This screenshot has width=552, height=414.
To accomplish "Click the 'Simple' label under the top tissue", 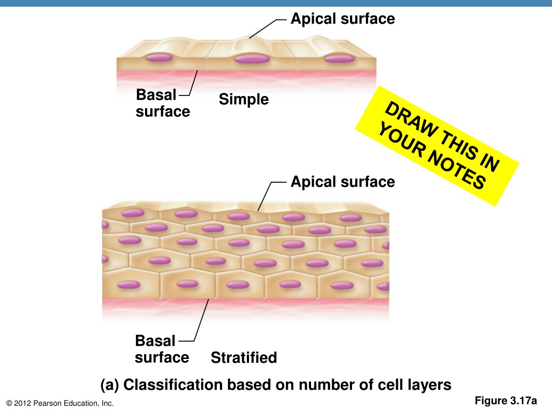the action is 244,99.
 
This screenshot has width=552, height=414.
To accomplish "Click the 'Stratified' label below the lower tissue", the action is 244,358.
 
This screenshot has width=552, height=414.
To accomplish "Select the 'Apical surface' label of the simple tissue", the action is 342,19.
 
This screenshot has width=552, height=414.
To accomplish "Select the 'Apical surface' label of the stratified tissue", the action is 342,182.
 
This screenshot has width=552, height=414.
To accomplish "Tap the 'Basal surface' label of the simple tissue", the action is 163,103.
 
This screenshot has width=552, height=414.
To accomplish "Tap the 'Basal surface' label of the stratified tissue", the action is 162,349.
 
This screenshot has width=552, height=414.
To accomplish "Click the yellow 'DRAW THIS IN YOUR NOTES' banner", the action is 437,146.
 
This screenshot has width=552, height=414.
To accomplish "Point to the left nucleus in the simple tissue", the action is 159,57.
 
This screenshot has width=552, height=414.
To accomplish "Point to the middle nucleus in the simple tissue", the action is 251,58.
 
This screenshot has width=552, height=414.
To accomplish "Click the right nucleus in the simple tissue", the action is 340,58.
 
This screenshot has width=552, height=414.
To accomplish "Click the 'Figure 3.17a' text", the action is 506,401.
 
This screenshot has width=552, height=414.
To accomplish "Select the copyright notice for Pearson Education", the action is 60,403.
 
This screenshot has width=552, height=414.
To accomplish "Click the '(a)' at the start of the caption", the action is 109,385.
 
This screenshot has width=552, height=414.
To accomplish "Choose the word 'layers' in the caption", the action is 430,385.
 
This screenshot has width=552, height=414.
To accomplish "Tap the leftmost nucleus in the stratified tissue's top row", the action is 133,212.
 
